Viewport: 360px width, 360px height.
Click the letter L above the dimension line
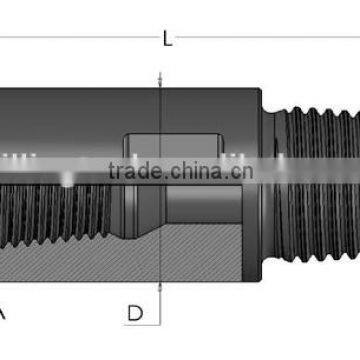coord(167,39)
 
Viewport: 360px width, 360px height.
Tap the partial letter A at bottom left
coord(3,313)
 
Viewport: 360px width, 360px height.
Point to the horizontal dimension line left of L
coord(80,39)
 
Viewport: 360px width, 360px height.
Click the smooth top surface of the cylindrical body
coord(120,105)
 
